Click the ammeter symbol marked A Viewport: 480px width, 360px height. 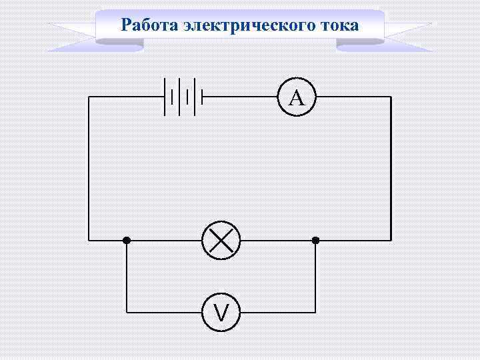point(297,97)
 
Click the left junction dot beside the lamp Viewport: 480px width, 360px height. point(127,240)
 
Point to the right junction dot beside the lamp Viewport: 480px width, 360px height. point(316,240)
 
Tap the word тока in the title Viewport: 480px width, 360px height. point(340,25)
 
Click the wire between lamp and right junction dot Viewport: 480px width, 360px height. point(277,240)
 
